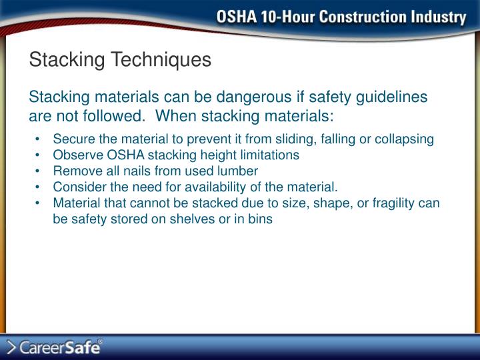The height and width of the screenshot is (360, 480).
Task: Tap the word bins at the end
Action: tap(260, 219)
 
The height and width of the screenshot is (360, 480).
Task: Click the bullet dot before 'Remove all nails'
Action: tap(41, 171)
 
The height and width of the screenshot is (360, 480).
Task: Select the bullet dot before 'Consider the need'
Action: tap(41, 187)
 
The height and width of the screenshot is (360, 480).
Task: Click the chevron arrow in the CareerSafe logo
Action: tap(11, 347)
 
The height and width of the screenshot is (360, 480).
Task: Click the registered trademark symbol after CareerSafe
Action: tap(101, 341)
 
